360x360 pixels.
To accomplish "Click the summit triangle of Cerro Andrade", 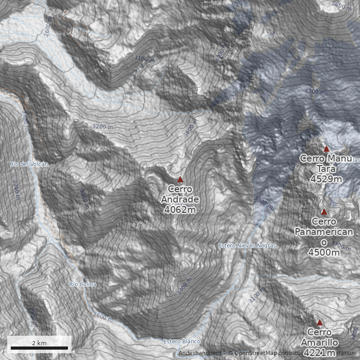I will click(x=180, y=180).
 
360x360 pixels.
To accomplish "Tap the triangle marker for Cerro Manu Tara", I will click(x=327, y=149).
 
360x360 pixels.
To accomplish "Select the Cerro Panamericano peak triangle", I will click(x=324, y=212).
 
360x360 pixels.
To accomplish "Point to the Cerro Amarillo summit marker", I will click(x=319, y=323).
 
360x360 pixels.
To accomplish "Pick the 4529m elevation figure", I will click(x=326, y=179).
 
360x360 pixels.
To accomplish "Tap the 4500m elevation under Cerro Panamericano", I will click(x=324, y=252).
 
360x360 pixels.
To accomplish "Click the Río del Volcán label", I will click(x=29, y=164).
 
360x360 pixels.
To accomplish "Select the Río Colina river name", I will click(x=83, y=284).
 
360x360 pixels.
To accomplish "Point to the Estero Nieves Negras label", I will click(x=247, y=246).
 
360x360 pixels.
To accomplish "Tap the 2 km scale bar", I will click(x=39, y=347).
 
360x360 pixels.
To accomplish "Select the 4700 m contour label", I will click(x=315, y=92).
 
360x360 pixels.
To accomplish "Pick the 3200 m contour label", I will click(x=102, y=127).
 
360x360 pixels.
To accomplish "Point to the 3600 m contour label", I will click(x=191, y=128).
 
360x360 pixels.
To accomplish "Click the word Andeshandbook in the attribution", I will click(x=200, y=353).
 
